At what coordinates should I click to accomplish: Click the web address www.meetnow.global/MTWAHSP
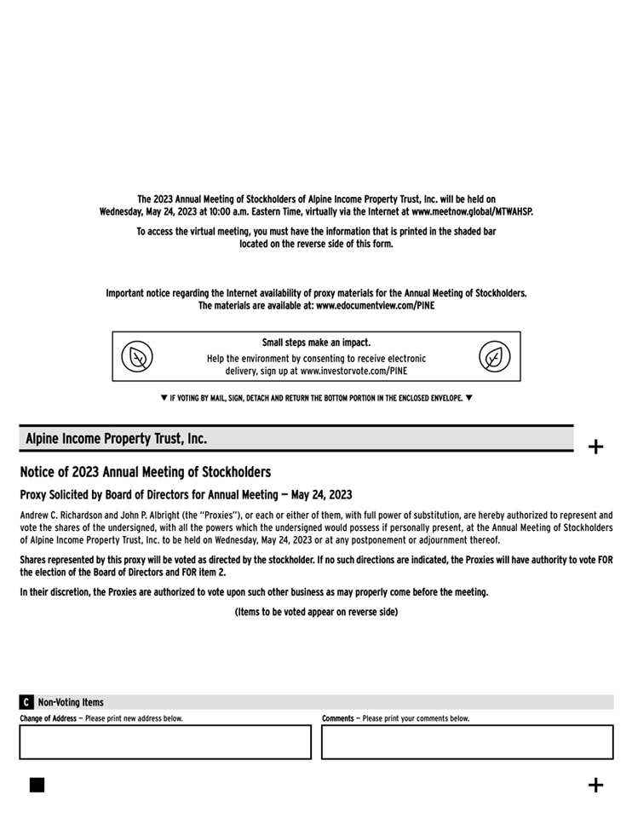(x=472, y=211)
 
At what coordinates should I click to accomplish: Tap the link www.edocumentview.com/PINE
(x=375, y=305)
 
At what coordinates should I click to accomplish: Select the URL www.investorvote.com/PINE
(x=353, y=371)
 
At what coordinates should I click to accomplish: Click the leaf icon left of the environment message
(x=136, y=356)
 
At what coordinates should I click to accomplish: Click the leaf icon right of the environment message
(x=494, y=356)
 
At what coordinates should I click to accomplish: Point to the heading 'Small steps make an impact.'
(x=316, y=343)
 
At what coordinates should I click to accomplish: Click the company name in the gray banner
(x=116, y=439)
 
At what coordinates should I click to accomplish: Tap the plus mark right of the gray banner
(x=596, y=446)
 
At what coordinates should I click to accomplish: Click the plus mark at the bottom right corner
(x=596, y=785)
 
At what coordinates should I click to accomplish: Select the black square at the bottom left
(x=37, y=785)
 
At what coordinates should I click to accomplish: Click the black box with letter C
(x=26, y=702)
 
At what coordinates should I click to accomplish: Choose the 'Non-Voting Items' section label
(x=71, y=702)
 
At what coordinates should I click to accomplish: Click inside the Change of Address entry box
(x=165, y=741)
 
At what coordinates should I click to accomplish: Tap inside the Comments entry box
(x=467, y=741)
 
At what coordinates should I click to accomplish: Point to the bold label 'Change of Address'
(x=49, y=718)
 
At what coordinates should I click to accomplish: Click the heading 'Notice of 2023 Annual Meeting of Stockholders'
(x=146, y=472)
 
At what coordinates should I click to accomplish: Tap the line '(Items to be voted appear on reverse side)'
(x=316, y=612)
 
